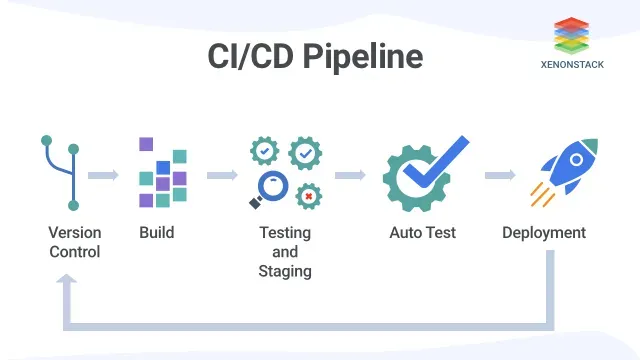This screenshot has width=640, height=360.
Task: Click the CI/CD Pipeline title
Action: pyautogui.click(x=315, y=57)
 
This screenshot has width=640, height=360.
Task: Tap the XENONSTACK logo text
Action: pyautogui.click(x=572, y=64)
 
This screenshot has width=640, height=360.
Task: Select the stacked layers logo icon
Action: pyautogui.click(x=571, y=36)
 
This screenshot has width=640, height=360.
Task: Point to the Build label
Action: pyautogui.click(x=157, y=233)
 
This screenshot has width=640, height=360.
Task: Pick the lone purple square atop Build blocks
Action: pyautogui.click(x=146, y=144)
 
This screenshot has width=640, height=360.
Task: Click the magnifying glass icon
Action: pyautogui.click(x=269, y=189)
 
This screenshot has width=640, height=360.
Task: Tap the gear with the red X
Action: pyautogui.click(x=309, y=196)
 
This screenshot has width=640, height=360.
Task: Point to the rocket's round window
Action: pyautogui.click(x=576, y=160)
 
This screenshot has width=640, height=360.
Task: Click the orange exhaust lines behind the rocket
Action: pyautogui.click(x=542, y=195)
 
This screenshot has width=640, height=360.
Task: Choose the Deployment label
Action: pyautogui.click(x=544, y=233)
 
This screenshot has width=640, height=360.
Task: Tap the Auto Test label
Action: pyautogui.click(x=422, y=233)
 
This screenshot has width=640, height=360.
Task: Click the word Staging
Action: pyautogui.click(x=285, y=271)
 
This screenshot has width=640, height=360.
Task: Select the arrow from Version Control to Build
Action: pyautogui.click(x=103, y=175)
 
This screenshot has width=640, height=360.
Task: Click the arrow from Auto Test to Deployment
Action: pyautogui.click(x=500, y=175)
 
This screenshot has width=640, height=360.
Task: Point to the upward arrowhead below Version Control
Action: pyautogui.click(x=67, y=279)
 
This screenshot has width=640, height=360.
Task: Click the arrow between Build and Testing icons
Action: pyautogui.click(x=222, y=175)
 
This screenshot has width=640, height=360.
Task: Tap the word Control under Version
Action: pyautogui.click(x=75, y=252)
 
